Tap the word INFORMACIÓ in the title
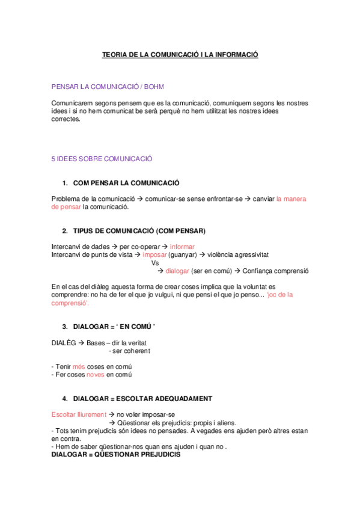coord(234,55)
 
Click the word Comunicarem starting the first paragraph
coord(71,103)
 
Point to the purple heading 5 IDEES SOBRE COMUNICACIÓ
coord(102,159)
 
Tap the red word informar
coord(182,247)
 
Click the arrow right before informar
coord(165,247)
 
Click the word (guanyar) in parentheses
coord(183,254)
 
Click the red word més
coord(79,366)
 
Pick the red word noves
coord(96,375)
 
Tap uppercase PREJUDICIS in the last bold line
coord(154,455)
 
